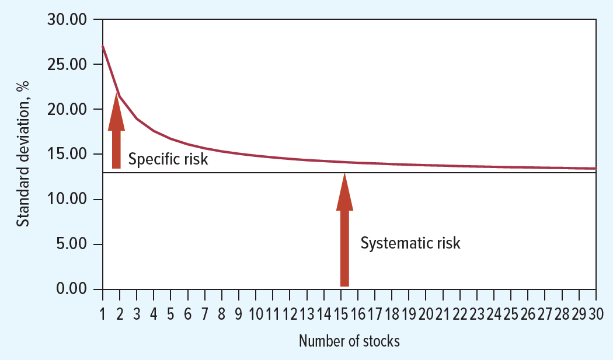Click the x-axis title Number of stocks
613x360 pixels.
click(349, 341)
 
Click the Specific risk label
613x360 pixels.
click(168, 159)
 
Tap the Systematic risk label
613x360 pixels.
click(410, 243)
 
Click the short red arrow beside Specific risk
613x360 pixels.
click(117, 134)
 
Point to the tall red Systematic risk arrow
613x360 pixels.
click(344, 233)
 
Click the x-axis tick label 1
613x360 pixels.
click(103, 315)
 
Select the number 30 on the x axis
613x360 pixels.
click(595, 315)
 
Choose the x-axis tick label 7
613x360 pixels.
click(205, 315)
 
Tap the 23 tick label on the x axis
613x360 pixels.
click(477, 315)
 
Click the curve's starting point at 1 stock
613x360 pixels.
click(103, 46)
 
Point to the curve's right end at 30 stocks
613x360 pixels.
click(595, 169)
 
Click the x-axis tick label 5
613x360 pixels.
click(171, 315)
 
